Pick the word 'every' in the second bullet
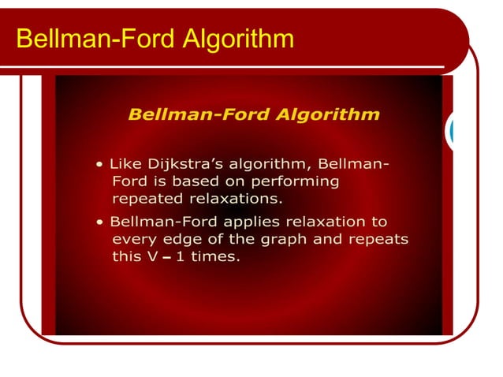[x=134, y=238]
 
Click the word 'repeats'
[x=378, y=238]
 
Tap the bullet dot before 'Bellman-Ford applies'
[x=98, y=222]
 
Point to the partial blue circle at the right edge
[x=451, y=131]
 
